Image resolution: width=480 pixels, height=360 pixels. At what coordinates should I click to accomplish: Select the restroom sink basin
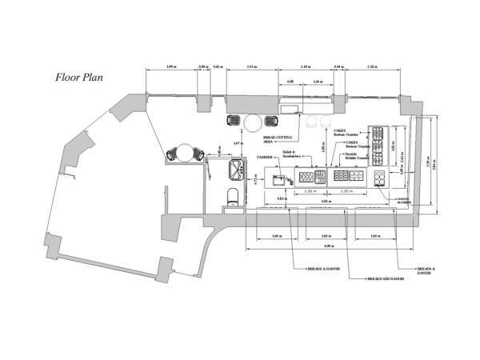click(x=236, y=168)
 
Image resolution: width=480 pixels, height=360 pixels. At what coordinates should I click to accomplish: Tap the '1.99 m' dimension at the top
click(x=170, y=66)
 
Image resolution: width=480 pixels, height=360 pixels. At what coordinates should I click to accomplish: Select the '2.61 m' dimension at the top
click(x=252, y=66)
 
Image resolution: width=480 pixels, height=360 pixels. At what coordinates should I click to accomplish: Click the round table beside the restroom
click(x=186, y=152)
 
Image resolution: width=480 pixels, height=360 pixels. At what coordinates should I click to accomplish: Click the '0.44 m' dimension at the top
click(x=338, y=66)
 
